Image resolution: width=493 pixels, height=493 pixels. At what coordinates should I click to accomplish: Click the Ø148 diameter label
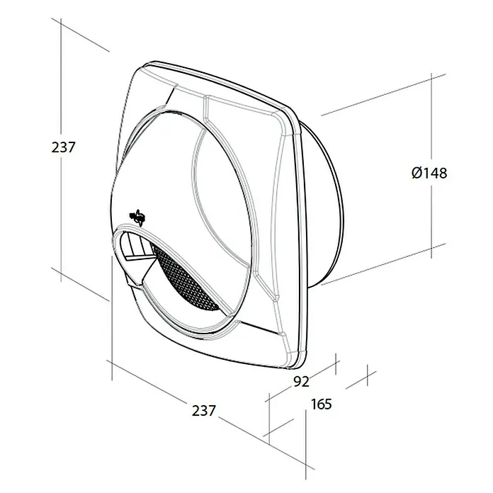(429, 173)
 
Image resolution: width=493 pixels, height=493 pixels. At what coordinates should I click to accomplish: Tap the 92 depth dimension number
(302, 381)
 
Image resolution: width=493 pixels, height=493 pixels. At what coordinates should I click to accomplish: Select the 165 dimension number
(322, 404)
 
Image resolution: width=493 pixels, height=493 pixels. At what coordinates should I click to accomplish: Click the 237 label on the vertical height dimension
(64, 147)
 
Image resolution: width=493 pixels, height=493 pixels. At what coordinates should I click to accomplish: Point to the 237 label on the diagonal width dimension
(204, 411)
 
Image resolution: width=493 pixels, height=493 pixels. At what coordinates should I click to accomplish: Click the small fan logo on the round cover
(137, 217)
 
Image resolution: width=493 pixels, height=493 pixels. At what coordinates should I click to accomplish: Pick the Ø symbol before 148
(417, 173)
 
